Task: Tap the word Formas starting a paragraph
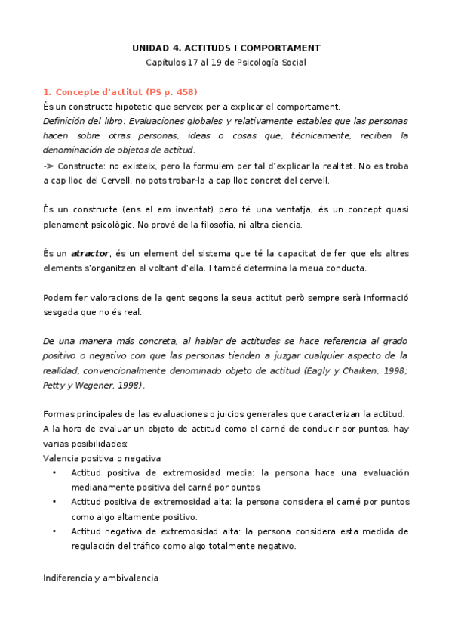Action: click(60, 413)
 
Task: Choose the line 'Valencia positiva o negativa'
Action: click(102, 458)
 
